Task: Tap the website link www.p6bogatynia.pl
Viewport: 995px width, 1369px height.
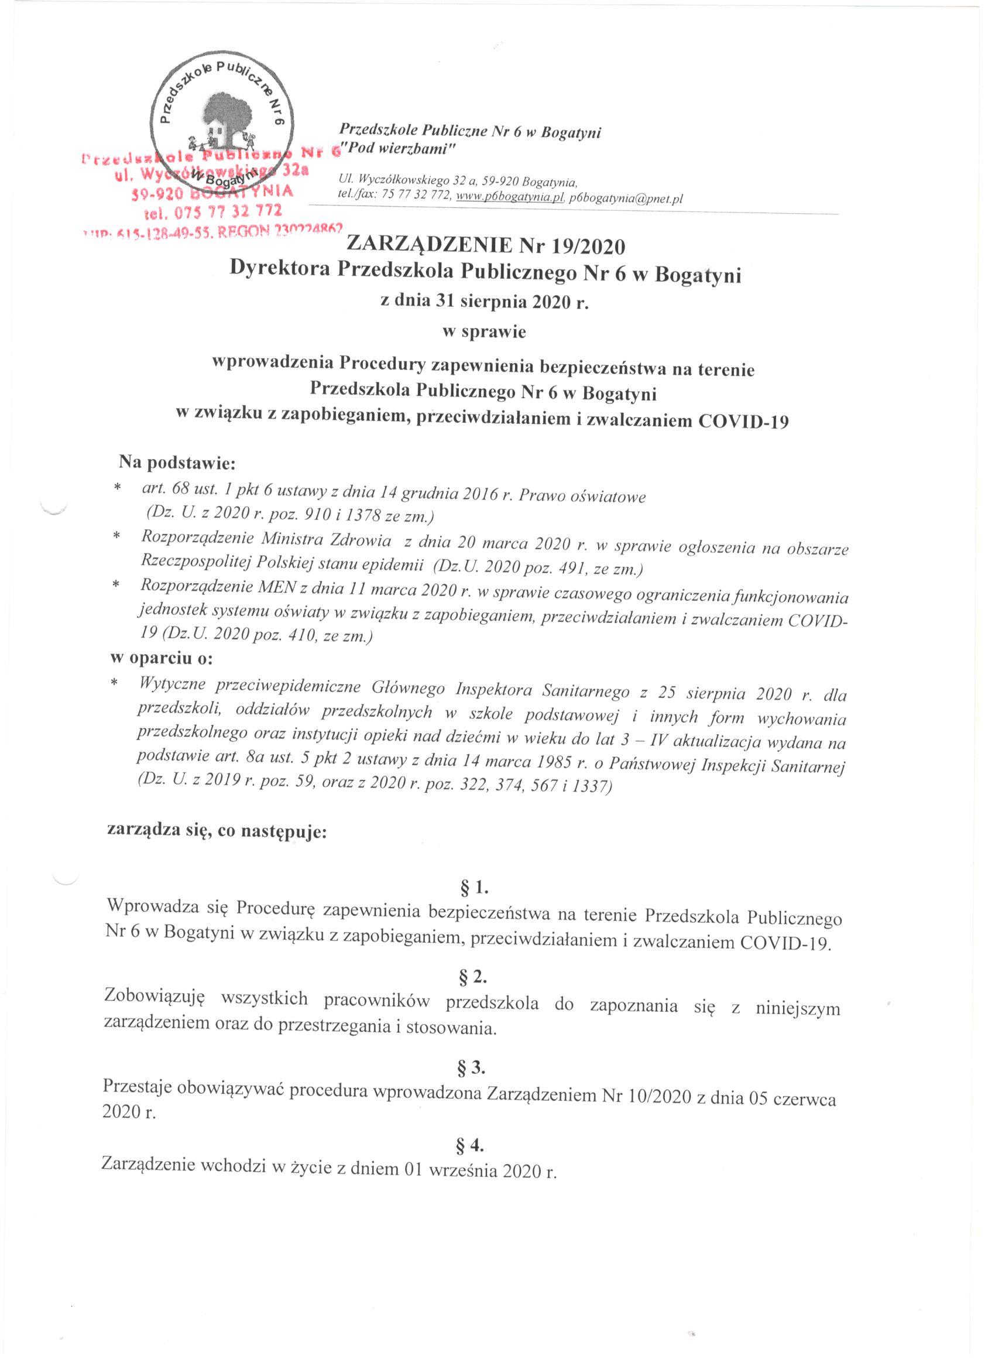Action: pos(510,197)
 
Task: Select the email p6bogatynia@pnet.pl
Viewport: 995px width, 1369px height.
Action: pos(626,198)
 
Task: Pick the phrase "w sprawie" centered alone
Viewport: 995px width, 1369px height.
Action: pos(484,332)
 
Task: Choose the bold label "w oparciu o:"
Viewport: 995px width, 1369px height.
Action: pos(160,658)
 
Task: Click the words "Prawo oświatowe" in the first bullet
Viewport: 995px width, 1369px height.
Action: pos(582,497)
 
